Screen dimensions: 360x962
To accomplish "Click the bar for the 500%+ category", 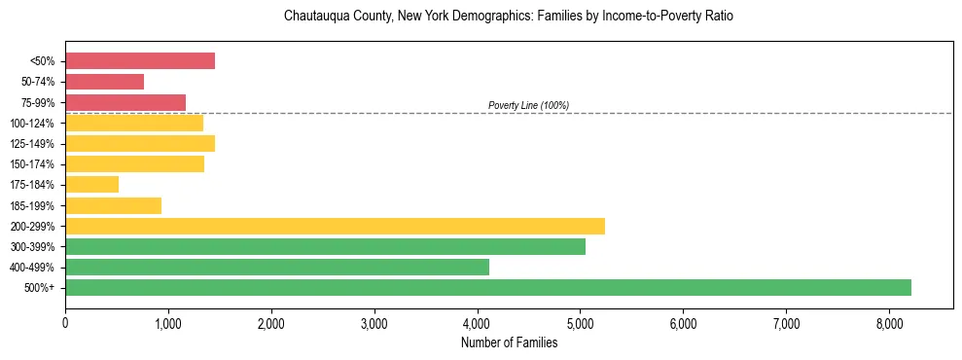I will point(487,287).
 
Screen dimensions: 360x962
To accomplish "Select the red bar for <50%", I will point(140,61).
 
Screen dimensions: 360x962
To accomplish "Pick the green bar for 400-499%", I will point(277,267).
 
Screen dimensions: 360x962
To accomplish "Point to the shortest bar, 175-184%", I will point(91,184).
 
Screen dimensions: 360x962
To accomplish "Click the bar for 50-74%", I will point(104,82).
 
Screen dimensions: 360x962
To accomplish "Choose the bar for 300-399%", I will point(325,246).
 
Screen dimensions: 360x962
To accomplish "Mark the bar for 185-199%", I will point(113,205).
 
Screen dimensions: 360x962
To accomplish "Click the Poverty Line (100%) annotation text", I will point(528,105).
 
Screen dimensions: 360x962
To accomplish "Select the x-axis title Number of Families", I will point(509,342).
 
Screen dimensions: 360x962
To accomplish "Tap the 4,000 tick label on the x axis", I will point(477,323).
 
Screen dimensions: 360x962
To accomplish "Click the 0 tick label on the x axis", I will point(65,323).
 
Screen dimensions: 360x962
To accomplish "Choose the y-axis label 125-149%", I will point(33,144).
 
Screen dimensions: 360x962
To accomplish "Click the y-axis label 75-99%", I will point(37,102).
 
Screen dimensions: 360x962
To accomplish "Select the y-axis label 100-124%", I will point(33,124).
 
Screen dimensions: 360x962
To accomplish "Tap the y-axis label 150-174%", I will point(33,164).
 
